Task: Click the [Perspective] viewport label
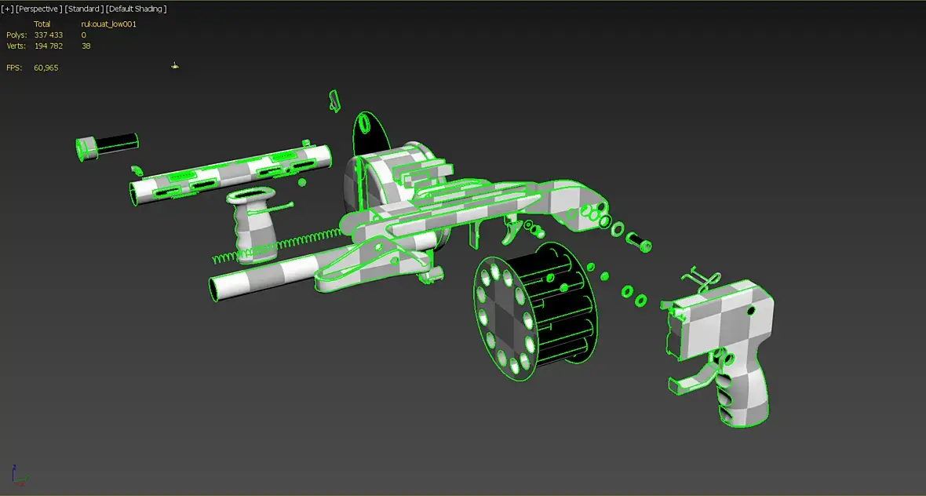38,9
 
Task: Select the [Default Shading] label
137,9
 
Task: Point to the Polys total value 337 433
49,35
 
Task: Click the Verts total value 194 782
49,46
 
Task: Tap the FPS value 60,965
46,68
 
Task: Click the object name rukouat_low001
108,24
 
